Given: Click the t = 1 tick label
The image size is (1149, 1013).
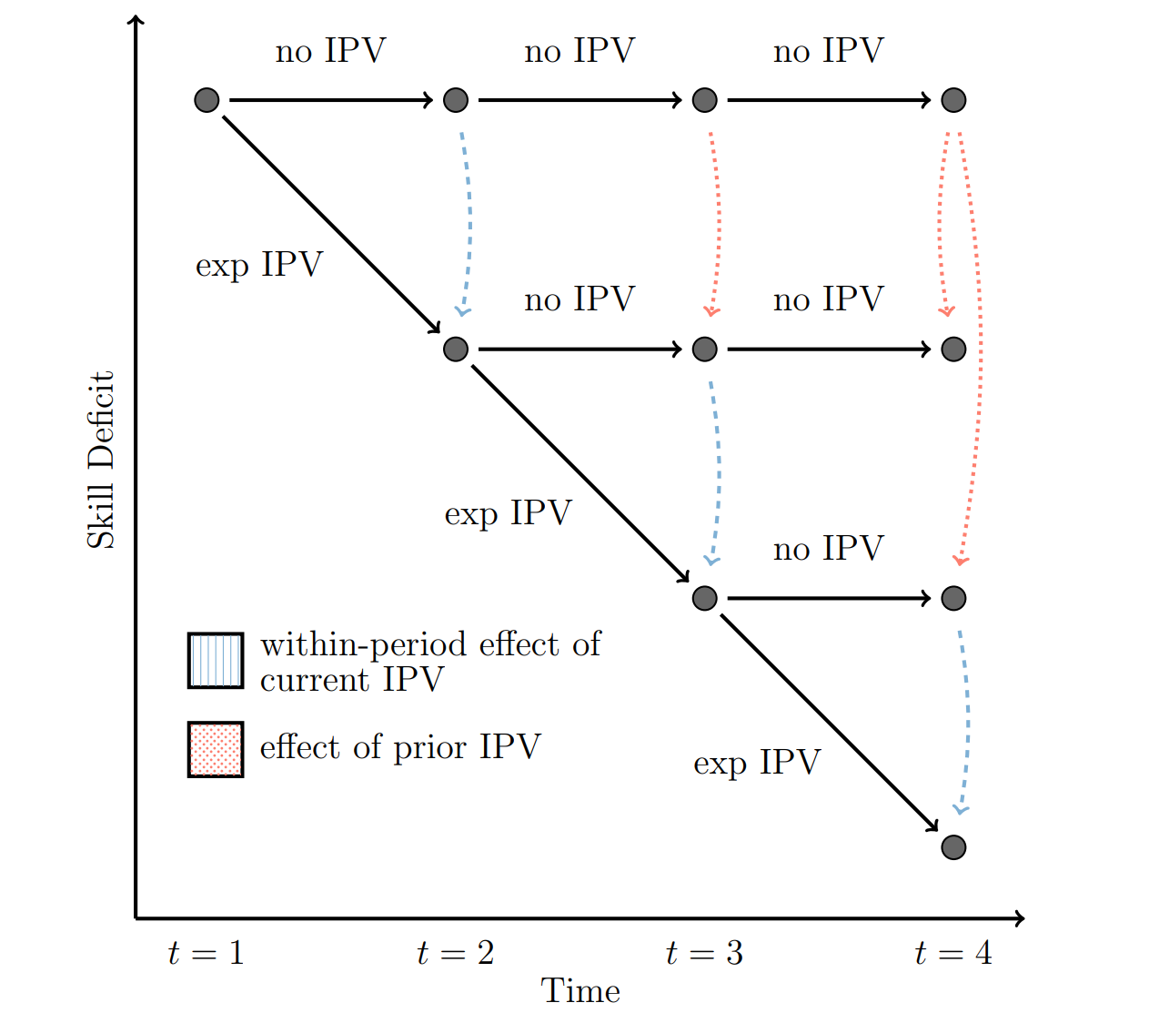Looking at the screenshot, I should pos(207,953).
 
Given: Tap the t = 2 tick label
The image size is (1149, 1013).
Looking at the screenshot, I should pos(455,953).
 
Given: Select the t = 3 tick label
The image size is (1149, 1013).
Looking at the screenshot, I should pos(704,953).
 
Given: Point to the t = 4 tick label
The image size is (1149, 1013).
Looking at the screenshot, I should pos(952,953).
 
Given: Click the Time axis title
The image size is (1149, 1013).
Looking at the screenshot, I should pos(580,991).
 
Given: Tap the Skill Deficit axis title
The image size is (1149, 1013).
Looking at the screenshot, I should pos(101,460).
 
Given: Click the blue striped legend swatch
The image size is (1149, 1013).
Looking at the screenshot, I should pos(216,661).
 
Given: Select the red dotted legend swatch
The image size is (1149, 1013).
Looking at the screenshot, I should pos(216,750).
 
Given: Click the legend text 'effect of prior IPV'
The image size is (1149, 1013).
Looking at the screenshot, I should pos(400,747).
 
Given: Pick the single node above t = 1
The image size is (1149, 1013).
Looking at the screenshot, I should pos(207,100).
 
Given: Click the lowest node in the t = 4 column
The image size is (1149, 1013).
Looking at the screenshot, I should pos(953,847).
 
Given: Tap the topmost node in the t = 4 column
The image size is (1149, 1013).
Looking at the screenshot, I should pos(953,100).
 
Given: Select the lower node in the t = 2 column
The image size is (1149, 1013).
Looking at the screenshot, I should pos(456,349).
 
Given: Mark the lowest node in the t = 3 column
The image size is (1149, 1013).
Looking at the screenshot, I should pos(704,598).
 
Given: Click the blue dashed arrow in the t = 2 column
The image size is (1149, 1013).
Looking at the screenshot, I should pos(469,223).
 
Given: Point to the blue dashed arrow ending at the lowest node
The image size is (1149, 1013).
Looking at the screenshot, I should pos(966,719).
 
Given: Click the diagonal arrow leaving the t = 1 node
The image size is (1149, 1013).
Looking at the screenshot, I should pos(331,225).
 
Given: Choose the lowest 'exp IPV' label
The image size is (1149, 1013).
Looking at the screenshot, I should pos(757,763).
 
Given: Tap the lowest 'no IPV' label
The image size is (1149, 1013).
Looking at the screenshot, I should pos(828,549).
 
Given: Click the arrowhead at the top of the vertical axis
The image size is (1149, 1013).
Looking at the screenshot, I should pos(136,20).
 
